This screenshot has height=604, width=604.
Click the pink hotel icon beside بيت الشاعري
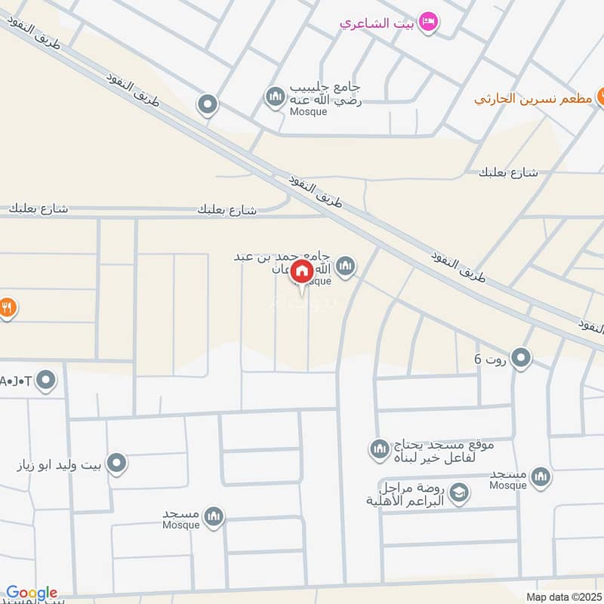point(427,22)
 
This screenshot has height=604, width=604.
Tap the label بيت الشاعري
point(377,23)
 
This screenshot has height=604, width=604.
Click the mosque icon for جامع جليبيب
point(273,97)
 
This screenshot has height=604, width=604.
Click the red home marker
point(302,271)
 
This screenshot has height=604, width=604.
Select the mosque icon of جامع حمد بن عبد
point(346,266)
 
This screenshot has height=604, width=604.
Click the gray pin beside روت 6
point(520,358)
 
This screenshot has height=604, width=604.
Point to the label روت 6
point(487,359)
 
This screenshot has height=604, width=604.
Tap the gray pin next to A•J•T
point(46,381)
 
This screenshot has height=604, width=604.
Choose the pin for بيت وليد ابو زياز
point(116,464)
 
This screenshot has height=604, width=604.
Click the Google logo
point(32,593)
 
